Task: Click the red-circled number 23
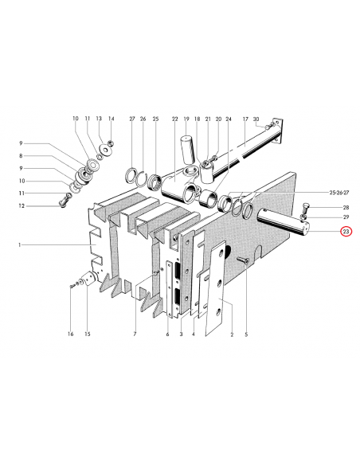pos(346,232)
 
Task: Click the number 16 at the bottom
pos(70,334)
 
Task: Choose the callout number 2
pos(231,334)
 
